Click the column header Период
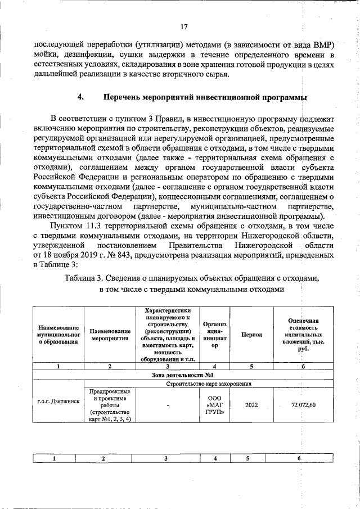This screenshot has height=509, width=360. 251,335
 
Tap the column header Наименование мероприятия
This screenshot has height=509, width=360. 110,335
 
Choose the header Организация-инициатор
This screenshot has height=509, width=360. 214,335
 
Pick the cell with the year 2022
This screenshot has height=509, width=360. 251,405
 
